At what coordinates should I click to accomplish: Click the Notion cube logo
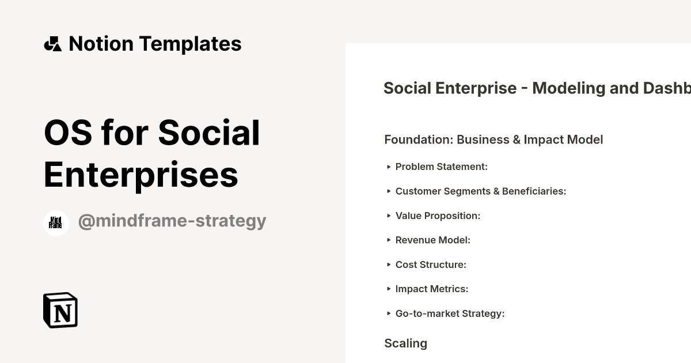pyautogui.click(x=60, y=310)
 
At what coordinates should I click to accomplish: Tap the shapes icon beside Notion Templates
pyautogui.click(x=52, y=44)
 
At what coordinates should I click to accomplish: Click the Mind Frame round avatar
pyautogui.click(x=56, y=223)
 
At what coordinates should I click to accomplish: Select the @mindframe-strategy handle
pyautogui.click(x=172, y=221)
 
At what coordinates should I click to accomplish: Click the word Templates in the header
pyautogui.click(x=190, y=44)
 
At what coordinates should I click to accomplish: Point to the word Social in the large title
pyautogui.click(x=209, y=133)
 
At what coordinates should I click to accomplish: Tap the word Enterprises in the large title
pyautogui.click(x=141, y=174)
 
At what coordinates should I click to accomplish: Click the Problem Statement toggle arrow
pyautogui.click(x=389, y=167)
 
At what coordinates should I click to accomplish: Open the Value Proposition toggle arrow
pyautogui.click(x=389, y=215)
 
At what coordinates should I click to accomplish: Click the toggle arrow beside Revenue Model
pyautogui.click(x=389, y=240)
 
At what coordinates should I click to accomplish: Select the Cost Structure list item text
pyautogui.click(x=431, y=264)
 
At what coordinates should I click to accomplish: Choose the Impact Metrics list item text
pyautogui.click(x=432, y=289)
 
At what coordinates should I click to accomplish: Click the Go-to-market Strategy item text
pyautogui.click(x=450, y=313)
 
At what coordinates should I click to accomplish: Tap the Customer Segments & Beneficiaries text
pyautogui.click(x=481, y=191)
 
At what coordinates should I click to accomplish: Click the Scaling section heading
pyautogui.click(x=405, y=343)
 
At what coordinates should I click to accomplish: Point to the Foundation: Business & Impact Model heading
pyautogui.click(x=493, y=139)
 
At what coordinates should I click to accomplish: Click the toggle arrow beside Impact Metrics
pyautogui.click(x=389, y=289)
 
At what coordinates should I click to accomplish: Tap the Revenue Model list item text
pyautogui.click(x=433, y=240)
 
